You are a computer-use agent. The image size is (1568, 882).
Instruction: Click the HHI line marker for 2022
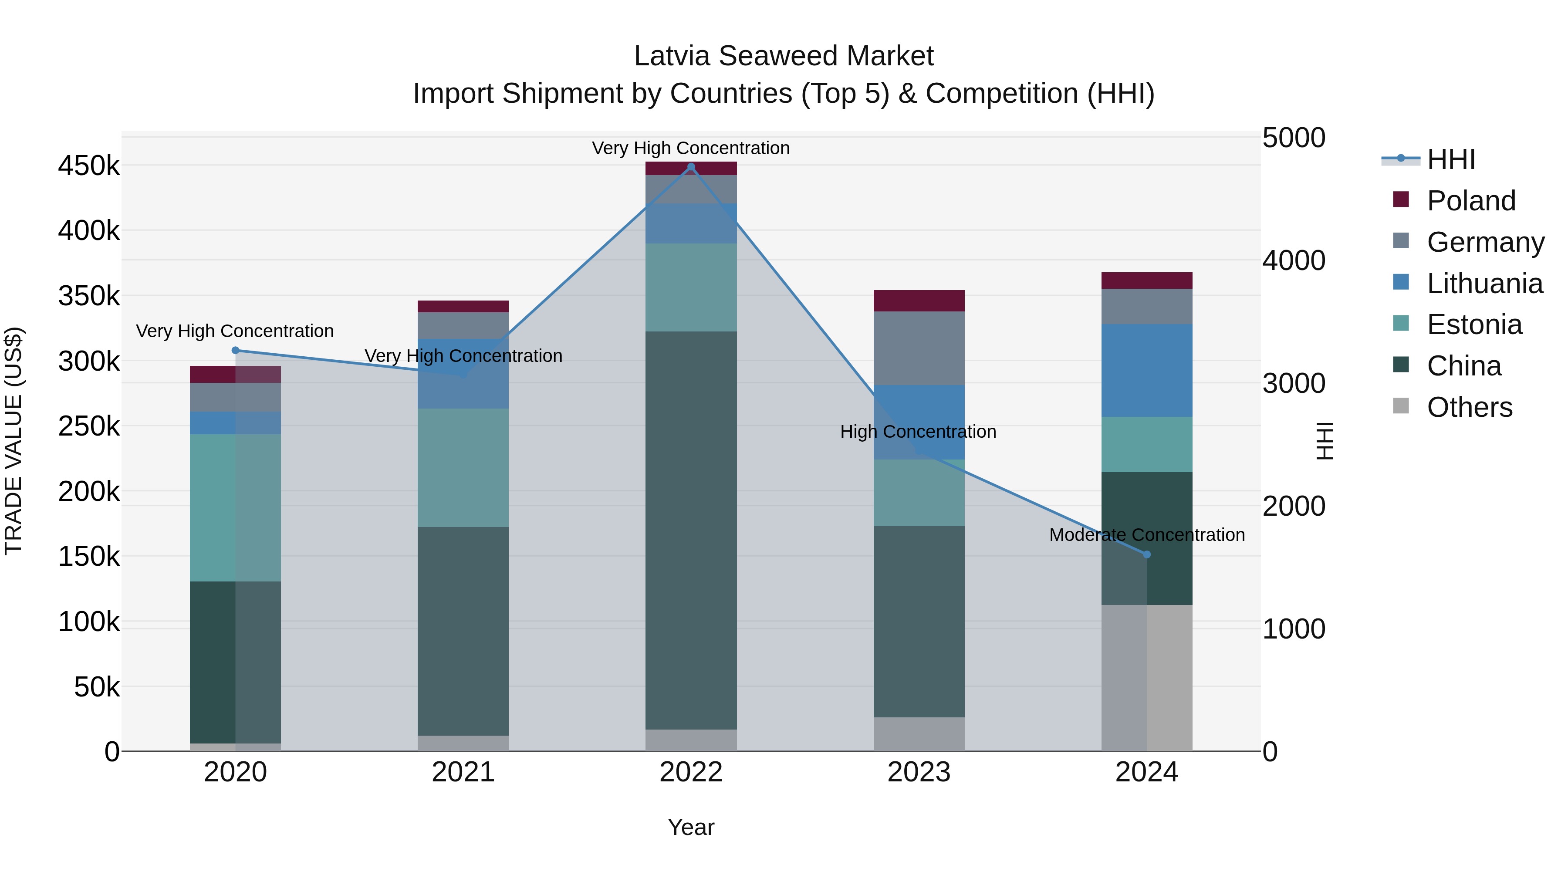pyautogui.click(x=691, y=167)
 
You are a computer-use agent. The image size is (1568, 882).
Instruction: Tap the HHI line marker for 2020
pyautogui.click(x=236, y=350)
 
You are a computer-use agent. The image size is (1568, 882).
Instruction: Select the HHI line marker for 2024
pyautogui.click(x=1147, y=554)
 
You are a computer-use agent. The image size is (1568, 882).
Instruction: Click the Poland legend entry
pyautogui.click(x=1470, y=201)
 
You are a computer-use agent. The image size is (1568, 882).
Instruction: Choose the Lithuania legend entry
pyautogui.click(x=1484, y=284)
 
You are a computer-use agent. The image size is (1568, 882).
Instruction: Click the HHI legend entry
pyautogui.click(x=1450, y=159)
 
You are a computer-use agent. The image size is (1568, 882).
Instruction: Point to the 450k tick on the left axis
pyautogui.click(x=89, y=166)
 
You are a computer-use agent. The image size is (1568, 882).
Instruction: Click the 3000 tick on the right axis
pyautogui.click(x=1294, y=383)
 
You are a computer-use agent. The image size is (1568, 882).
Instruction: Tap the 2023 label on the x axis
pyautogui.click(x=919, y=772)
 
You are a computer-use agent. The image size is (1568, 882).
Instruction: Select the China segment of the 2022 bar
pyautogui.click(x=691, y=530)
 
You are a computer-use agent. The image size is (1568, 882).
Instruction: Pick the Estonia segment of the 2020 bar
pyautogui.click(x=236, y=508)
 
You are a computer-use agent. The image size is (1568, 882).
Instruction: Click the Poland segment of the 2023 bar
pyautogui.click(x=919, y=301)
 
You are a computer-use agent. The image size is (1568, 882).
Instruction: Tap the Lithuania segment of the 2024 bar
pyautogui.click(x=1147, y=370)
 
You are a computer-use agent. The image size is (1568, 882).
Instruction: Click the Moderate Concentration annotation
pyautogui.click(x=1147, y=535)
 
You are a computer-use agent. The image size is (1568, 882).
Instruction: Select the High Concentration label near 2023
pyautogui.click(x=918, y=432)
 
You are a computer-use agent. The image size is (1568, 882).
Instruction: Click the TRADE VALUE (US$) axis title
pyautogui.click(x=14, y=441)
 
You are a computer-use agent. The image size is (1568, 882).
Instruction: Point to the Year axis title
pyautogui.click(x=691, y=827)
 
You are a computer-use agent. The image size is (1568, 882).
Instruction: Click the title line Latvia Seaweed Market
pyautogui.click(x=784, y=56)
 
